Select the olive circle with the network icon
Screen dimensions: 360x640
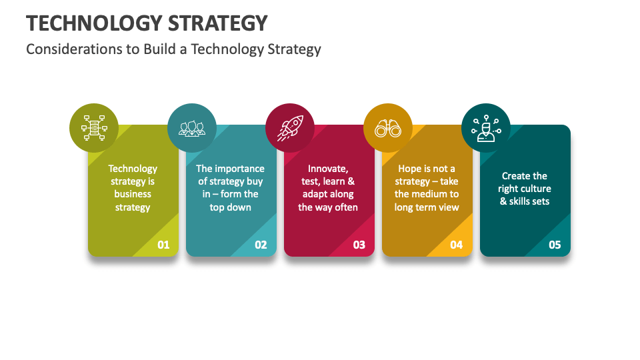[x=94, y=128]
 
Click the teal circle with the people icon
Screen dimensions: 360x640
[x=191, y=128]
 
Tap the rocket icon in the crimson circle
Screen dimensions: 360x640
[x=290, y=128]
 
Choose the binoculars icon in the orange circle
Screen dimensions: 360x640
[x=387, y=128]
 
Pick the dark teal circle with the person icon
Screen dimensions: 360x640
[x=486, y=128]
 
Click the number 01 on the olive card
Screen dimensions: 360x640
[x=163, y=245]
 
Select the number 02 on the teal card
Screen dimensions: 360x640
[x=261, y=245]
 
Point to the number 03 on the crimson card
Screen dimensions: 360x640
[x=359, y=245]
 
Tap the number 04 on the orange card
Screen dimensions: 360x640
[x=456, y=245]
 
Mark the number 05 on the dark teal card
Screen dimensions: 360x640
[x=555, y=245]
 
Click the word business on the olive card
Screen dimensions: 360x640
[x=133, y=194]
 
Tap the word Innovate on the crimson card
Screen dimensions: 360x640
[x=328, y=169]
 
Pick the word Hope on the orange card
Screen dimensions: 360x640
[x=410, y=169]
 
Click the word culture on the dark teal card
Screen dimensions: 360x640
[x=535, y=189]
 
